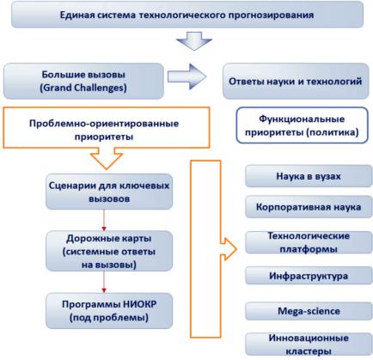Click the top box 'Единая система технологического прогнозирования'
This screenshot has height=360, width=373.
(x=187, y=15)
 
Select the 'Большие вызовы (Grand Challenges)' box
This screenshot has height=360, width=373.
(x=83, y=81)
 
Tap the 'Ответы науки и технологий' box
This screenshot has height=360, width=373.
(x=296, y=82)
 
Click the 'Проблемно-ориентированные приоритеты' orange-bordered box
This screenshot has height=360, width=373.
(x=107, y=128)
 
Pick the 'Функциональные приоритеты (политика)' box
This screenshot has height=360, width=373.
(x=302, y=125)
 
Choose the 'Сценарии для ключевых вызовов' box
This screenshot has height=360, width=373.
(x=109, y=192)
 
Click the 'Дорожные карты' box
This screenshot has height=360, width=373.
(x=109, y=251)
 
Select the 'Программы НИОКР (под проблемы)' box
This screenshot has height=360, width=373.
(x=109, y=311)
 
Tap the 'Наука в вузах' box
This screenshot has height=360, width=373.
(x=309, y=176)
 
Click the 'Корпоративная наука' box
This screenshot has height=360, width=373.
(x=309, y=207)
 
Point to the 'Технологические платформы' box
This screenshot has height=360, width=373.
(x=309, y=242)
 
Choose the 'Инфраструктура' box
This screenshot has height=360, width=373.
(x=309, y=276)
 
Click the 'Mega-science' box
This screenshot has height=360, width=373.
(x=309, y=311)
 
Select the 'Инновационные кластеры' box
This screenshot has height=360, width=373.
(x=309, y=345)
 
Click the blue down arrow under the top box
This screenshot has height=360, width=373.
(x=194, y=41)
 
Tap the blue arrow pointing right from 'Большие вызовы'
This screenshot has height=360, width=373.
(x=186, y=76)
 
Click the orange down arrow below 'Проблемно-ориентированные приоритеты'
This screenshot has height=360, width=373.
(x=107, y=159)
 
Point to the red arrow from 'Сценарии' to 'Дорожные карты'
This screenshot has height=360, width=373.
(x=104, y=220)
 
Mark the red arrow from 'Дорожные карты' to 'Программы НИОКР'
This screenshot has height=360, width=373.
(x=104, y=282)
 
